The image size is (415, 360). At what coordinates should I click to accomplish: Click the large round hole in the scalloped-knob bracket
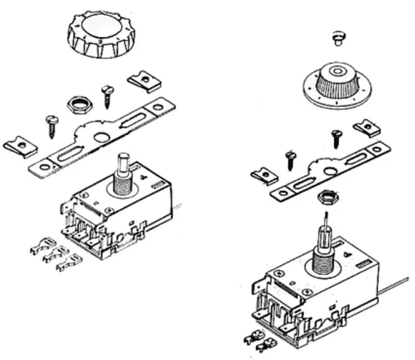coord(101,137)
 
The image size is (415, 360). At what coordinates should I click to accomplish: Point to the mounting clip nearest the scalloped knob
coord(146,81)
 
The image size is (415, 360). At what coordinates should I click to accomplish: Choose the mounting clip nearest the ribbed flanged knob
coord(367,127)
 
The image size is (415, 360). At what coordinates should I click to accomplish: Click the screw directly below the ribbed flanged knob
coord(337,138)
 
